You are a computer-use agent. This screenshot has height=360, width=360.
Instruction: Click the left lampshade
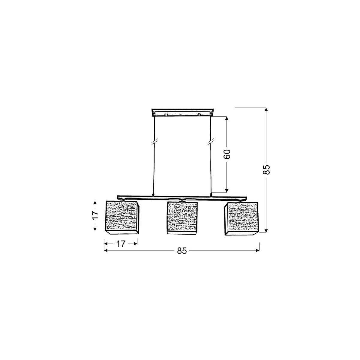click(x=122, y=217)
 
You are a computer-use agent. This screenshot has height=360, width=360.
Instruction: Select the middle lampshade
click(x=182, y=218)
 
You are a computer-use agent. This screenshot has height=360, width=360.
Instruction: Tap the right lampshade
click(x=241, y=218)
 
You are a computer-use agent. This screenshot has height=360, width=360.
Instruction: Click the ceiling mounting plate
click(x=182, y=112)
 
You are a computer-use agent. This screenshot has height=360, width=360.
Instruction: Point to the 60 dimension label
click(x=227, y=154)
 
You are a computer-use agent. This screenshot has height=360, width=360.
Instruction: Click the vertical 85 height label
click(x=266, y=169)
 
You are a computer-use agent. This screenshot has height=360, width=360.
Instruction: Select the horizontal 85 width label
click(x=182, y=251)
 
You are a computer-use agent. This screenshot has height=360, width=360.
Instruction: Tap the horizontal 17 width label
click(x=121, y=244)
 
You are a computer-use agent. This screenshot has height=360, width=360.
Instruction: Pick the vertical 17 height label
click(x=95, y=215)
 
